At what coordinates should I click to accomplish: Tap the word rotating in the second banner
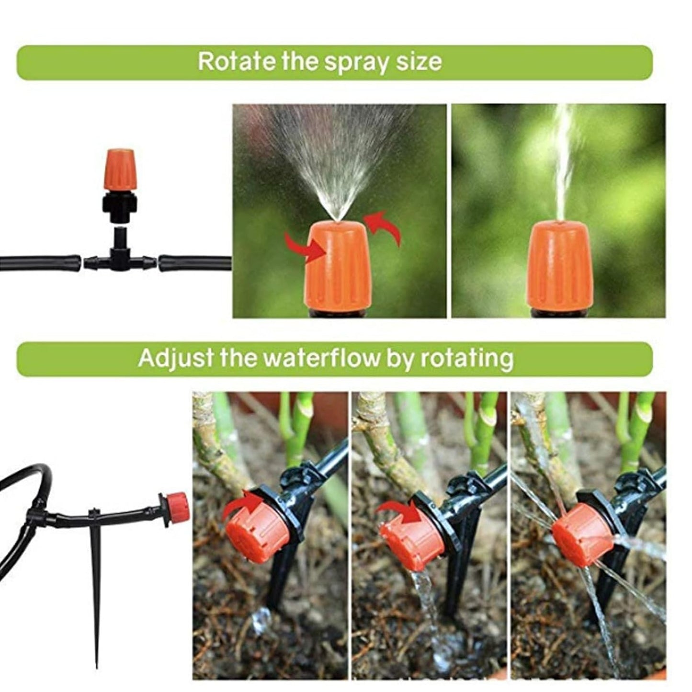coord(466,358)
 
